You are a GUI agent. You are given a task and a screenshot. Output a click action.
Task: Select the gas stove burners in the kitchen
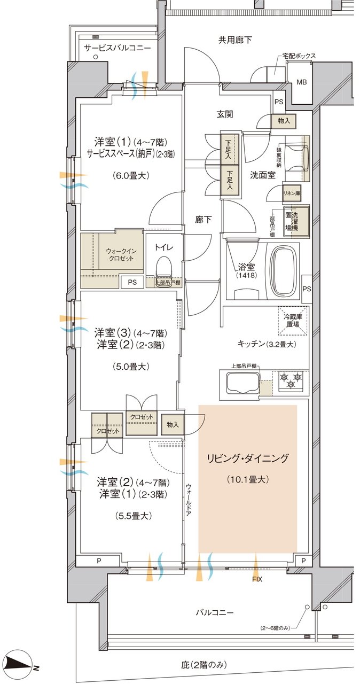[x=291, y=379]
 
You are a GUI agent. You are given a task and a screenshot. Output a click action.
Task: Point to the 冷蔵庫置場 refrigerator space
[x=293, y=321]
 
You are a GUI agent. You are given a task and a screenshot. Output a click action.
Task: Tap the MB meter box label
[x=302, y=82]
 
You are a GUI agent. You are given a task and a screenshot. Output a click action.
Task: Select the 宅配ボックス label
[x=299, y=56]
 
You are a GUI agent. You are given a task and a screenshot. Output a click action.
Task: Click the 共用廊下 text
[x=235, y=40]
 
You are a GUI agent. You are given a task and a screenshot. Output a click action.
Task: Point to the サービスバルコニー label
[x=117, y=48]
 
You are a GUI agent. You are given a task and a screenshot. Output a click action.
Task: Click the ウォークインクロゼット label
[x=123, y=254]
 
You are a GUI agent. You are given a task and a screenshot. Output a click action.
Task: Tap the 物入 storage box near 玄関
[x=284, y=121]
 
